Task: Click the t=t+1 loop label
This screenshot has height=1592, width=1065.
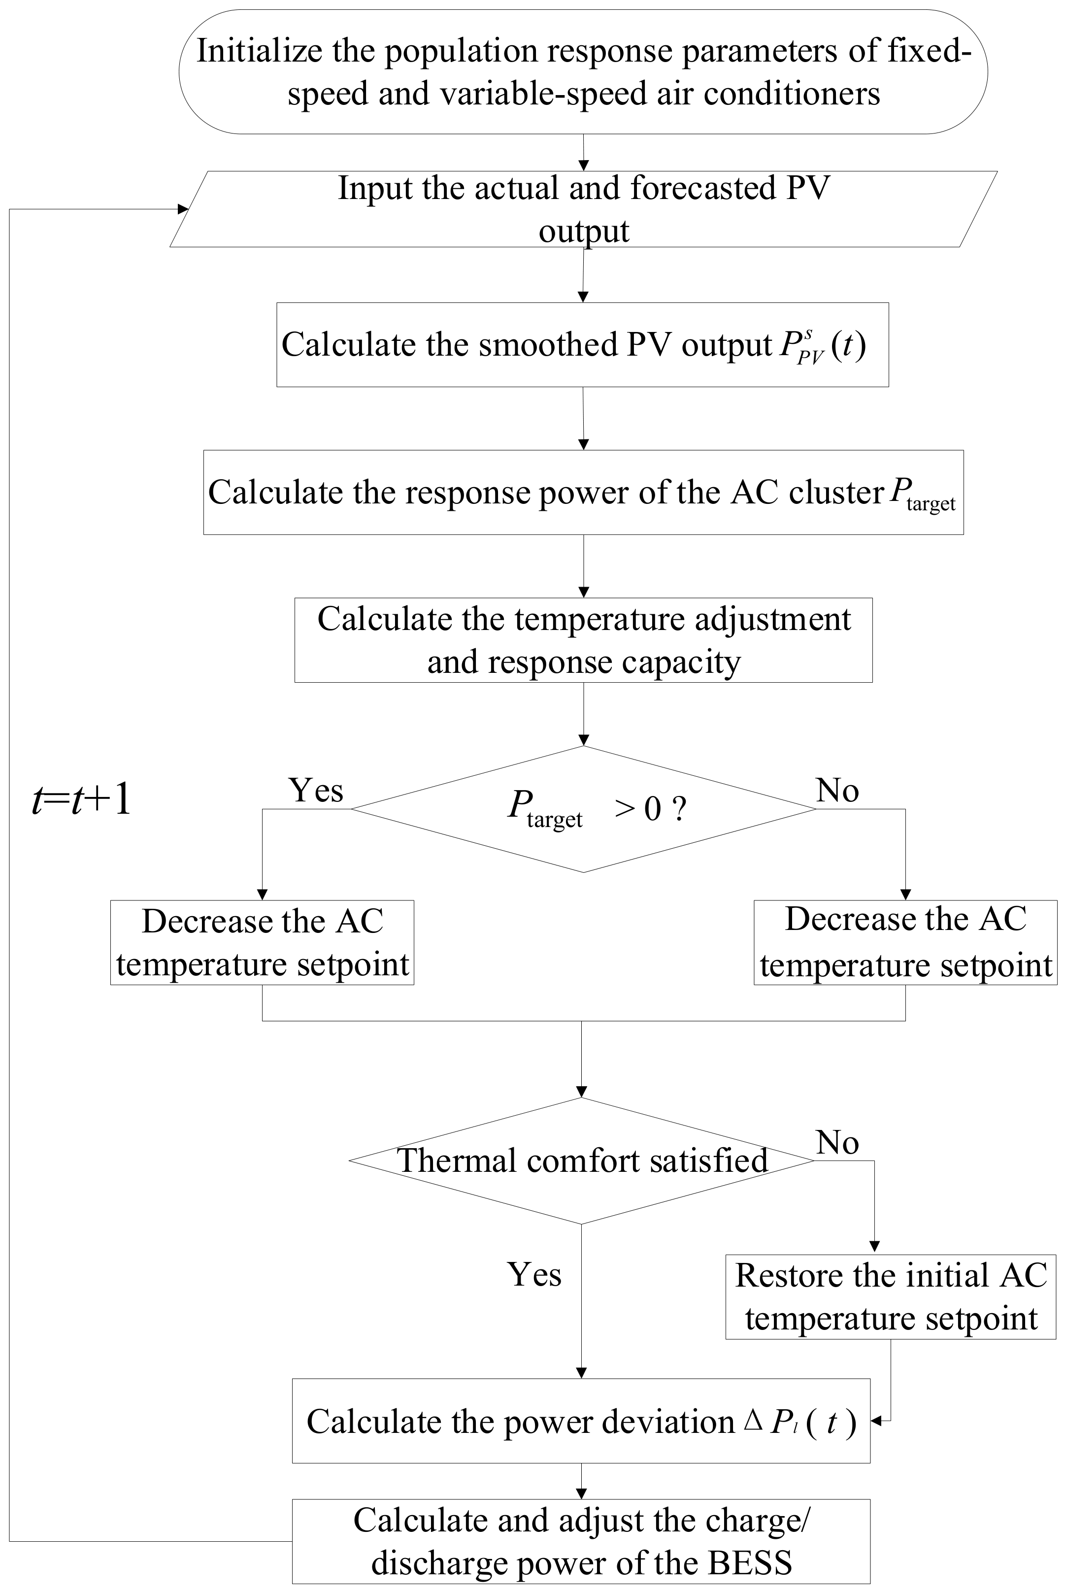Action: point(81,800)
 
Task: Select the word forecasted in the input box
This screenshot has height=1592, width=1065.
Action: point(703,188)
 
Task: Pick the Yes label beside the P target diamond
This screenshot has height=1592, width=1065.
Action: point(316,790)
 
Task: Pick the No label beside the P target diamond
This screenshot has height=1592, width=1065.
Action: point(837,790)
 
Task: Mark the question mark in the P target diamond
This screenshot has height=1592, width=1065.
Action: point(678,809)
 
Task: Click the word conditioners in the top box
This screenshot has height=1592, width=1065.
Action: point(792,94)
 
